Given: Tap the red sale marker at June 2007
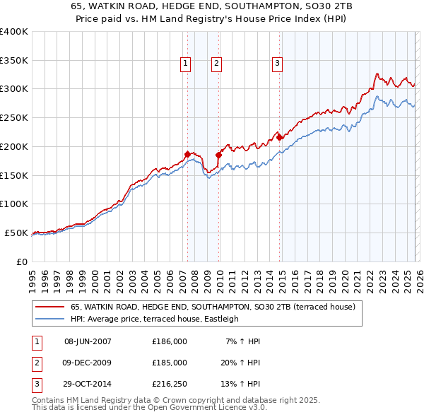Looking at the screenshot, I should click(x=187, y=153).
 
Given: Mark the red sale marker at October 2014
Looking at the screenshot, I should click(x=279, y=136).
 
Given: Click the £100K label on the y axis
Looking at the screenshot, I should click(x=13, y=204).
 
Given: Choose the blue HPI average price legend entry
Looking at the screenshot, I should click(x=155, y=319).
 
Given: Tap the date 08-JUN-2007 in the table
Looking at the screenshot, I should click(x=88, y=341).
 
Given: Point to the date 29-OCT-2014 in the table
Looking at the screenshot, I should click(x=88, y=384).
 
